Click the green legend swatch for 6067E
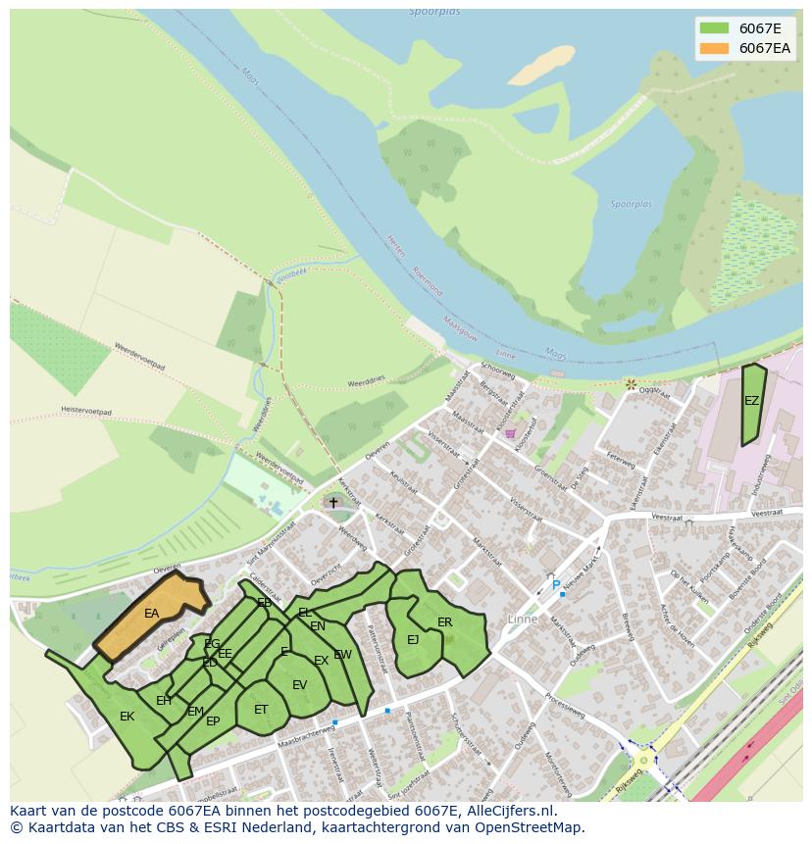[x=714, y=28]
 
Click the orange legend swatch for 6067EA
[x=714, y=48]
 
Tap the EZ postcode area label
[x=751, y=401]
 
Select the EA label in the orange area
[x=151, y=614]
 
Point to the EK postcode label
[x=127, y=717]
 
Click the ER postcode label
[x=445, y=622]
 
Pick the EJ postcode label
[x=413, y=640]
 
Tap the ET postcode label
[x=261, y=710]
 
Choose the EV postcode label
[x=299, y=685]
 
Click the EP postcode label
[x=213, y=721]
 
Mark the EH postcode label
[x=164, y=701]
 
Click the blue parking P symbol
[x=556, y=586]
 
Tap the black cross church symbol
[x=333, y=503]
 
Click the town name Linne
[x=523, y=619]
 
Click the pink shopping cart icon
[x=510, y=433]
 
